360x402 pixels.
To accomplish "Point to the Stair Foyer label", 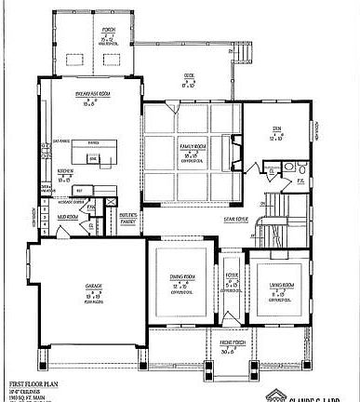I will tap(234, 221).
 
